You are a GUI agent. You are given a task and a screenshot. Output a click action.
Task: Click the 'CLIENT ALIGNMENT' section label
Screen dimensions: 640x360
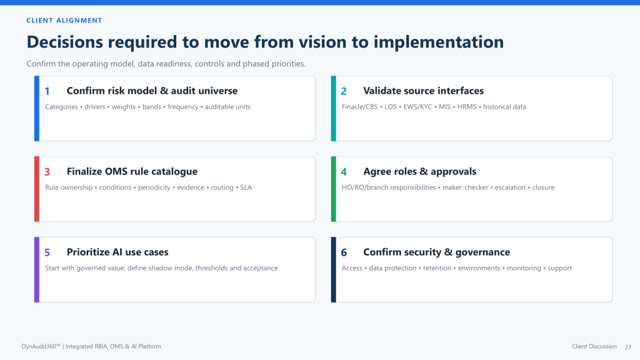click(64, 21)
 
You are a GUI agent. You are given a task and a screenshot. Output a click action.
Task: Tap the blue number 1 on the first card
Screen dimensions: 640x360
click(47, 91)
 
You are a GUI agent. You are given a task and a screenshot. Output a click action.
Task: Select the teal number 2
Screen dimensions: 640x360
click(344, 91)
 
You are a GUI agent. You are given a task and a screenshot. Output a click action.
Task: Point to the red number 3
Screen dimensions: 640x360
click(47, 172)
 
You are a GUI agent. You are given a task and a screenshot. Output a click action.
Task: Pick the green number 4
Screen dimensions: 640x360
click(344, 172)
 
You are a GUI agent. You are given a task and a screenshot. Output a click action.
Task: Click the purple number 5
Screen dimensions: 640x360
click(47, 252)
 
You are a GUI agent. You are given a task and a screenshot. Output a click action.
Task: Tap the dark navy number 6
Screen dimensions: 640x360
click(344, 252)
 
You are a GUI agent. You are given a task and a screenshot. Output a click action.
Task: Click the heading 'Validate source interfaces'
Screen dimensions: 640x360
click(423, 91)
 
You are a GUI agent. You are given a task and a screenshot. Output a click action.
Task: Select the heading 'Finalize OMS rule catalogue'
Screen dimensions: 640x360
click(132, 171)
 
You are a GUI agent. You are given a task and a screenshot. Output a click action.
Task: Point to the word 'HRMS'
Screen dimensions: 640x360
click(467, 106)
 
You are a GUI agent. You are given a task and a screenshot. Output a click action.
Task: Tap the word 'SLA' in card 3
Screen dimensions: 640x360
click(246, 187)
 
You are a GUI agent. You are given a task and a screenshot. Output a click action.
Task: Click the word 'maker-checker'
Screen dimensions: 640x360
click(465, 187)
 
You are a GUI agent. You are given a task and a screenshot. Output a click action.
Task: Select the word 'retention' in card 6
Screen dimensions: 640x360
click(437, 268)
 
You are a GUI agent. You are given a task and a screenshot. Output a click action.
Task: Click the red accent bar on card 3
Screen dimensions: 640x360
click(37, 189)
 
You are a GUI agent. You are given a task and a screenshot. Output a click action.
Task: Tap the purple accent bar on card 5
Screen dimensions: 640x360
click(37, 270)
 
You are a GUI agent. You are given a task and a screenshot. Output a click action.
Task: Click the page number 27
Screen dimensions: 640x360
click(628, 347)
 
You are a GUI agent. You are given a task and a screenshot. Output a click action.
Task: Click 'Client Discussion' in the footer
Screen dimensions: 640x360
click(594, 346)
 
